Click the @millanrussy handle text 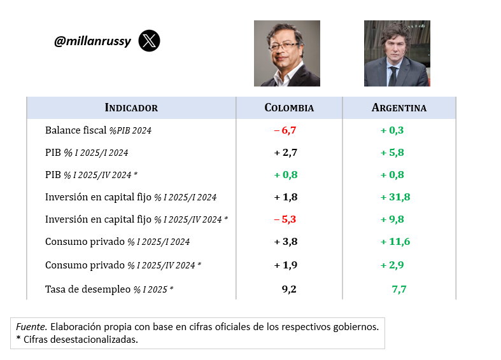92,41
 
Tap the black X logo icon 149,41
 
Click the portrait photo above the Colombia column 286,53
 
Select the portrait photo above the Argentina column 397,53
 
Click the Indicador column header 131,107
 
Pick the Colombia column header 289,107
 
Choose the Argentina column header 399,107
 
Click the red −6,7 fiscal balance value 286,130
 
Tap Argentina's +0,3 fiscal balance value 392,130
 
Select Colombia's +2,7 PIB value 286,153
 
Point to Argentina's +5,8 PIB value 392,153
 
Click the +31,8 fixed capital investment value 395,197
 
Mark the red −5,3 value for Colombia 286,219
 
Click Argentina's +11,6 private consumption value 395,242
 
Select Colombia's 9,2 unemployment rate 289,289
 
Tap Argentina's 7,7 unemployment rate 399,289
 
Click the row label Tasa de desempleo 88,289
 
